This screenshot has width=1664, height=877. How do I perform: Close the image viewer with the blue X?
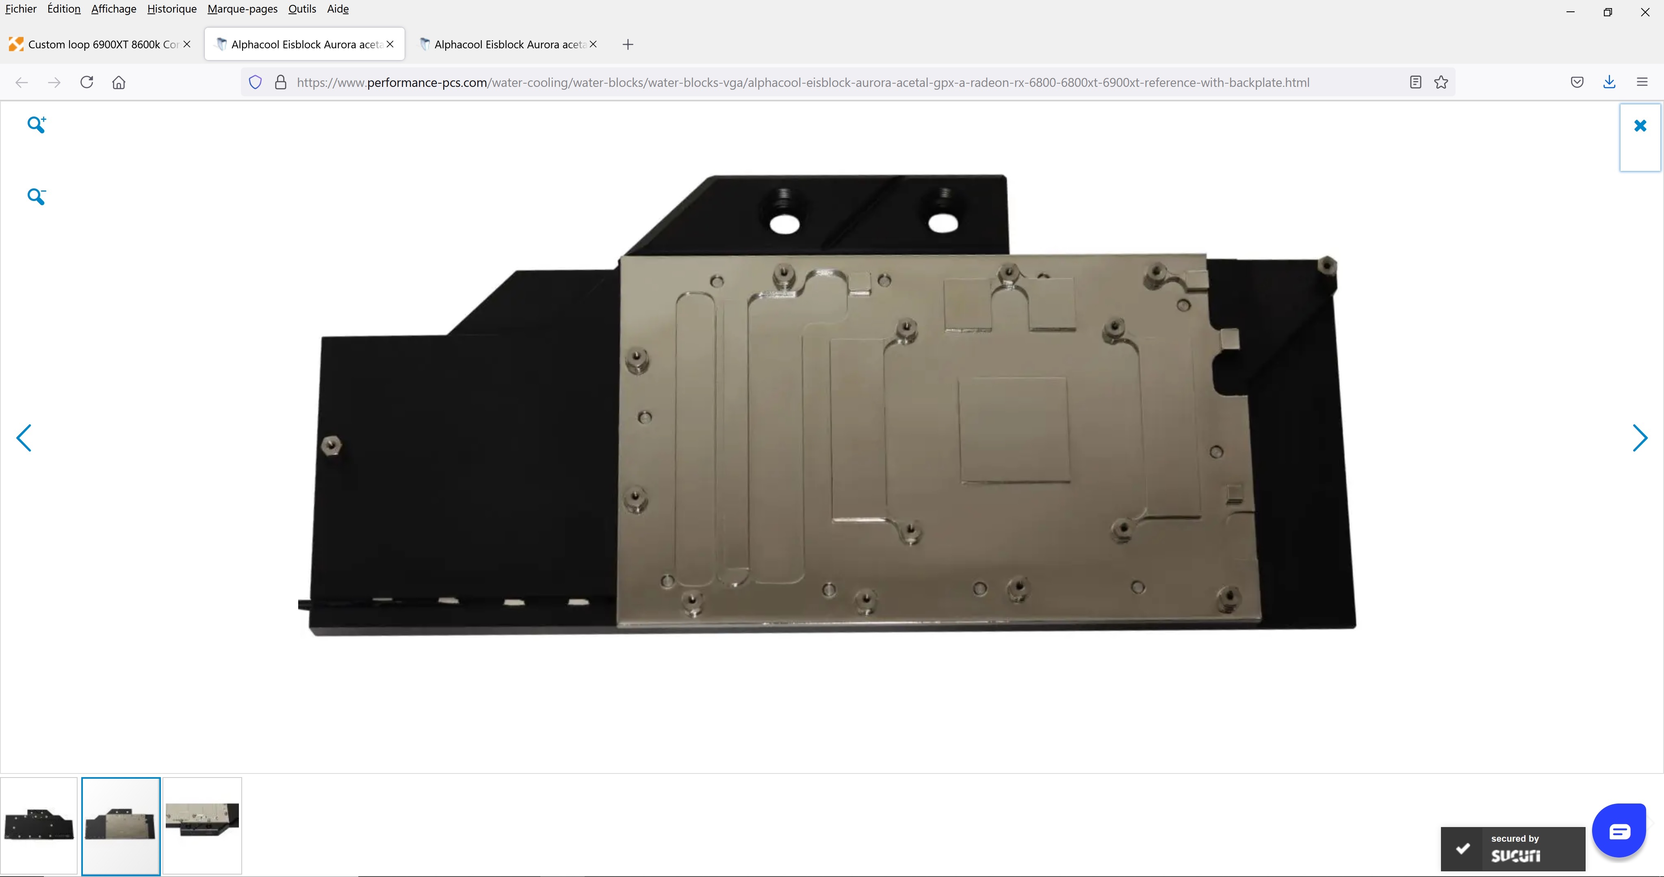1640,126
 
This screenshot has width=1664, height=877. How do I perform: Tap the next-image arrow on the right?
1640,438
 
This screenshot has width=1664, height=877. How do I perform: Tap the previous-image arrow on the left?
24,438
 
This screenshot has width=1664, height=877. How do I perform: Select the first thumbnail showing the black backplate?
39,825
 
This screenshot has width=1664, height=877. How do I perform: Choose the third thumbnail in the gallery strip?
202,825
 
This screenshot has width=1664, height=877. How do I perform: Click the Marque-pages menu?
242,9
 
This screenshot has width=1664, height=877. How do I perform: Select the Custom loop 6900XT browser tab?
100,44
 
